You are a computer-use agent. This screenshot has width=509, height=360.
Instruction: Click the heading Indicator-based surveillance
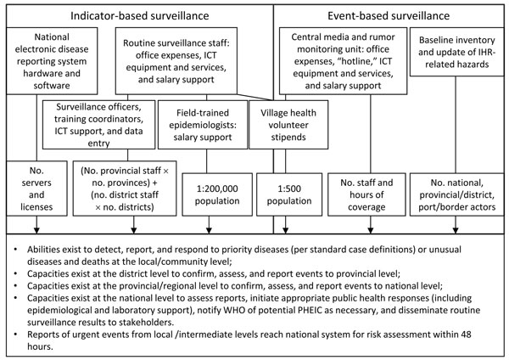tap(140, 16)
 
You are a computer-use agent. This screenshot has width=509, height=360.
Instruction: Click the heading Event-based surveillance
tap(389, 16)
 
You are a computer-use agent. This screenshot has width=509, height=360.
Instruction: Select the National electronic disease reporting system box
tap(52, 61)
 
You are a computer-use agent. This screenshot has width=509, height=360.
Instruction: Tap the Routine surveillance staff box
tap(176, 61)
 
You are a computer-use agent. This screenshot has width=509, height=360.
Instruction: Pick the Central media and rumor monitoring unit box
tap(343, 61)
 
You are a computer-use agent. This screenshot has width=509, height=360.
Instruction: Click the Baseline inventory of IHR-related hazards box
tap(456, 52)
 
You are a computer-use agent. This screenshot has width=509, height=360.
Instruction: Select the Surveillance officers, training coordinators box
tap(98, 125)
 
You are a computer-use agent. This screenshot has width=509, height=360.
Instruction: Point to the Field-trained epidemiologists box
tap(203, 125)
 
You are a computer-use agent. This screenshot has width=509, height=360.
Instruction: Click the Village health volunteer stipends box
tap(288, 125)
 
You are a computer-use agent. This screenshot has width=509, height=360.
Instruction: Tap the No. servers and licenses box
tap(36, 188)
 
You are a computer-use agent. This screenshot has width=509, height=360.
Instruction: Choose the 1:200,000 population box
tap(217, 194)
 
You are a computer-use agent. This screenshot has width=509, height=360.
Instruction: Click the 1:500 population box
tap(289, 194)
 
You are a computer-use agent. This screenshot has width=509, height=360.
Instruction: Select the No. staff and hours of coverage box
tap(366, 194)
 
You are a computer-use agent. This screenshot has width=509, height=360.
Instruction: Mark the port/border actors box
tap(456, 194)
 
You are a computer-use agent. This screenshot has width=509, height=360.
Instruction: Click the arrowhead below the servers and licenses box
tap(36, 230)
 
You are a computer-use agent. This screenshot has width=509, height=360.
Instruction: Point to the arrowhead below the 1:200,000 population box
tap(209, 230)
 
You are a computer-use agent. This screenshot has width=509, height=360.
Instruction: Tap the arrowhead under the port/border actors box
tap(456, 230)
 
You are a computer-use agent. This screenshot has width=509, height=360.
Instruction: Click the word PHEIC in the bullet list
tap(310, 310)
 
